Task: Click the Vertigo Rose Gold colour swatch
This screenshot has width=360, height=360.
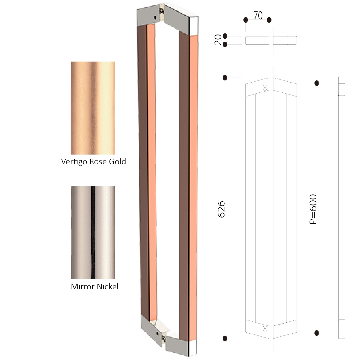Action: (x=93, y=108)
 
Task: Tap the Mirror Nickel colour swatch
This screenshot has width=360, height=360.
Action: (x=93, y=232)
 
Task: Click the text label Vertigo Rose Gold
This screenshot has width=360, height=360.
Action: (x=94, y=162)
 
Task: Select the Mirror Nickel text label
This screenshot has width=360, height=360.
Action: (x=94, y=286)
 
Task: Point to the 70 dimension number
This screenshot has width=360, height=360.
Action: (x=258, y=15)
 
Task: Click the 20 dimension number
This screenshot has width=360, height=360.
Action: (x=218, y=40)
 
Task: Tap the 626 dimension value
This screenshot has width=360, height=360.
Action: (x=221, y=209)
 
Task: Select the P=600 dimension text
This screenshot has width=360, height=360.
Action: (x=313, y=209)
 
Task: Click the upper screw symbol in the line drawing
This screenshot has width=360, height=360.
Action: (x=265, y=88)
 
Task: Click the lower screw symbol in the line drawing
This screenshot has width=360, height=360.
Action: (x=265, y=329)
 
